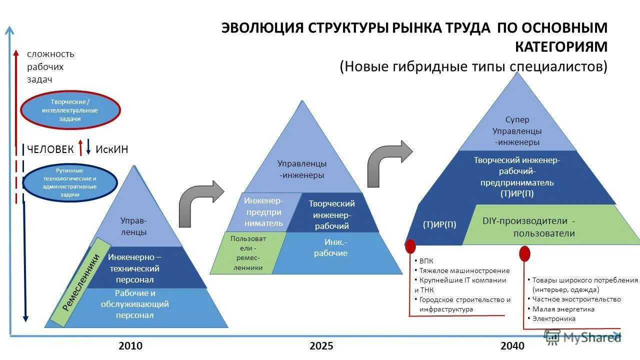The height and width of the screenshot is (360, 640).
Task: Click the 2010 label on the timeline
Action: [x=130, y=345]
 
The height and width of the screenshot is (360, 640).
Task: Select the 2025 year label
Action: [x=321, y=345]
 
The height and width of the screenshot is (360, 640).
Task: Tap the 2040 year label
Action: [x=512, y=345]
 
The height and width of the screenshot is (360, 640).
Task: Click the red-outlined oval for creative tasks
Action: [x=70, y=110]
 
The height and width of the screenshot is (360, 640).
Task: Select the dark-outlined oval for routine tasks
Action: [x=70, y=182]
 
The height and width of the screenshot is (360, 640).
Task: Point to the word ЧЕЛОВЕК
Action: [x=50, y=149]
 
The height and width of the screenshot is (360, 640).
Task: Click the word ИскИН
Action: [x=111, y=149]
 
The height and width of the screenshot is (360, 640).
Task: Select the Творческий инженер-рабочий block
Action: [x=331, y=214]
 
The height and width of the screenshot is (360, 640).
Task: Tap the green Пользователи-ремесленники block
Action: [x=247, y=253]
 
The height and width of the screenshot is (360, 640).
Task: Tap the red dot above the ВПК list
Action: [x=410, y=245]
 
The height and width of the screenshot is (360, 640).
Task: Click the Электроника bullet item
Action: [x=553, y=318]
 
